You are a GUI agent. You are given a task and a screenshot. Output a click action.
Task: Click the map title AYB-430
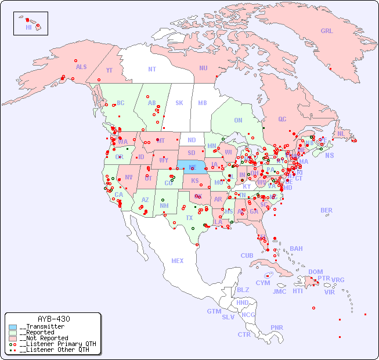(53, 319)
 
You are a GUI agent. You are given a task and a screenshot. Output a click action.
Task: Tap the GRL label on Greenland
(327, 31)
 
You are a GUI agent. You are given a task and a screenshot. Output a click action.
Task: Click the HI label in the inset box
(28, 27)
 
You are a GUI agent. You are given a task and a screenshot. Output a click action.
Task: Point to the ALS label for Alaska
(81, 67)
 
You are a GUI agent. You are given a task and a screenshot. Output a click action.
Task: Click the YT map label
(109, 70)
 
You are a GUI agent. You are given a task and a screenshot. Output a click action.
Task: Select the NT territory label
(151, 69)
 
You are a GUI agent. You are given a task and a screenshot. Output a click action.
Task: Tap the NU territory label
(203, 68)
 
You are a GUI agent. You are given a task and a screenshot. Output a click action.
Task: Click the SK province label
(179, 103)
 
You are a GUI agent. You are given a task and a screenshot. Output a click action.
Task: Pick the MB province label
(202, 103)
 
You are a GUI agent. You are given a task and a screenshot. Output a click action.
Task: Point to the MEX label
(178, 261)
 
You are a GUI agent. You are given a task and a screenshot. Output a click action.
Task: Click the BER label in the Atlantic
(326, 210)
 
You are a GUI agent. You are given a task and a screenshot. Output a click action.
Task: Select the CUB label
(247, 255)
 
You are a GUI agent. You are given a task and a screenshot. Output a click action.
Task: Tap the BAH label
(296, 249)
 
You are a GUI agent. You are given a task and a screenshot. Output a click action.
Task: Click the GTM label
(214, 311)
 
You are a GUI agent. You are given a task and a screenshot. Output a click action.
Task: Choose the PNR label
(277, 327)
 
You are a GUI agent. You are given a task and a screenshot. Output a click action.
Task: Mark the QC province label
(282, 119)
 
